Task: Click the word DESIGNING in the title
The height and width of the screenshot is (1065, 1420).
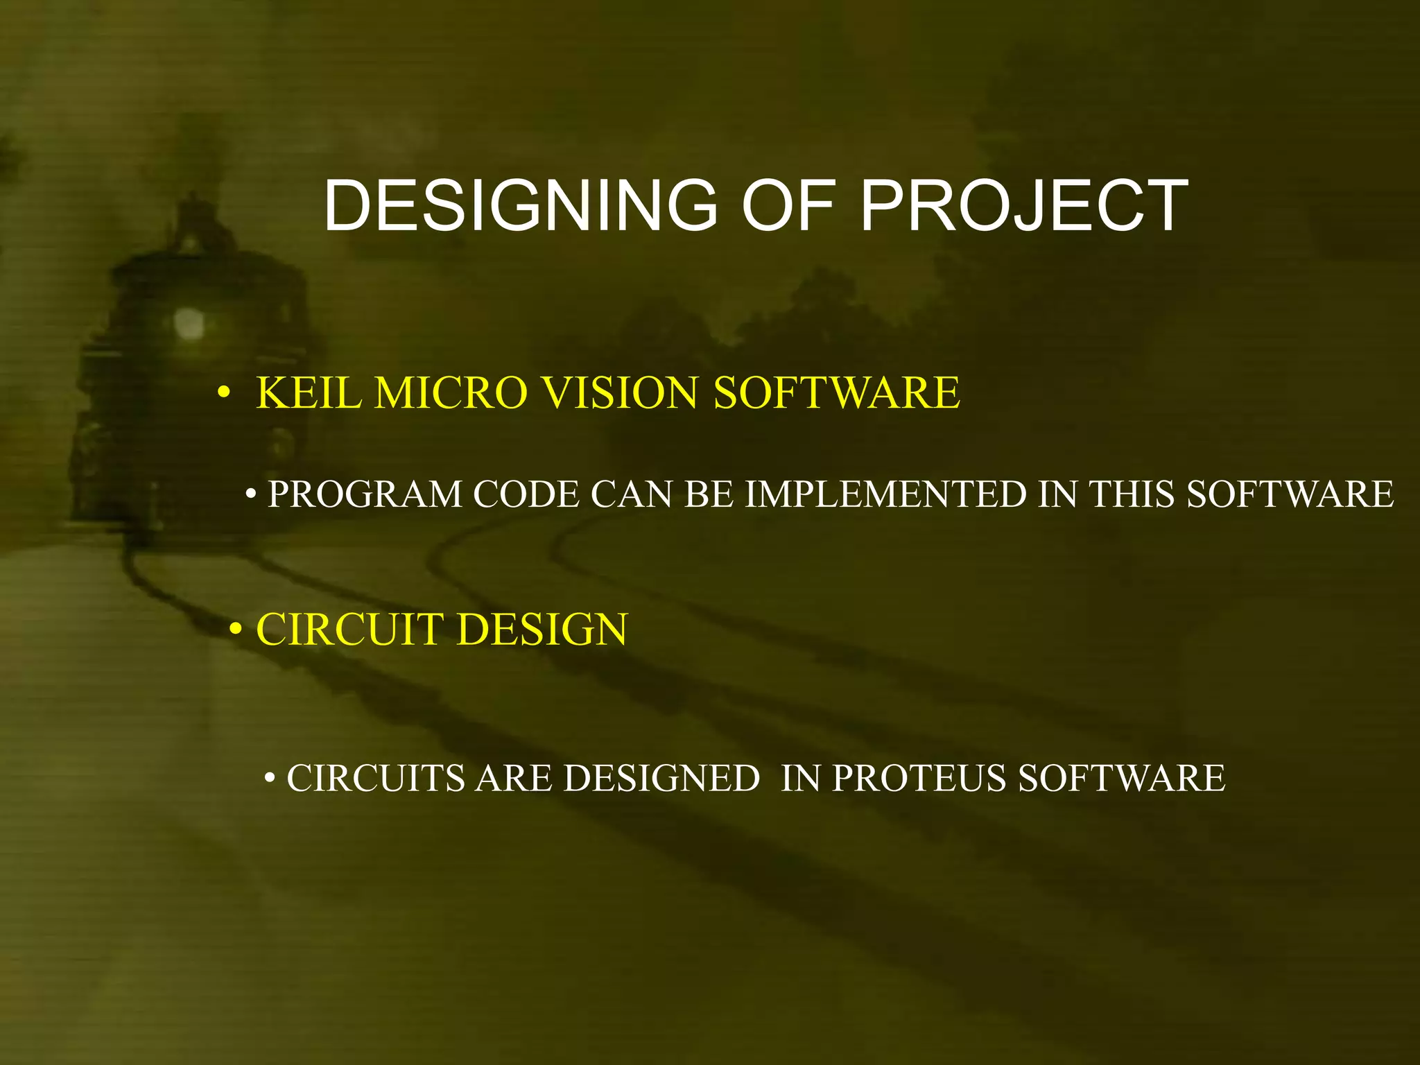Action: point(520,206)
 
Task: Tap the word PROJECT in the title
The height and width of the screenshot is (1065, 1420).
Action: point(1024,206)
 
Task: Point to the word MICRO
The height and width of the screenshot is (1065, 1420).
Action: point(451,393)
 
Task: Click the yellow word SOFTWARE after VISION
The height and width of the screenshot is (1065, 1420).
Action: point(836,393)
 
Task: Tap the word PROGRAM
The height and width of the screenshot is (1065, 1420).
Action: point(365,495)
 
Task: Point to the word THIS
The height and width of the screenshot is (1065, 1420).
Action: point(1131,495)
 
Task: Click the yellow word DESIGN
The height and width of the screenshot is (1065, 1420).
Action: point(542,630)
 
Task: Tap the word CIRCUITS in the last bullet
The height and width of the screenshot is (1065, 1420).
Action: point(375,778)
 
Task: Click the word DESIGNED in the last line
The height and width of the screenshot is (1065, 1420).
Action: point(661,778)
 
